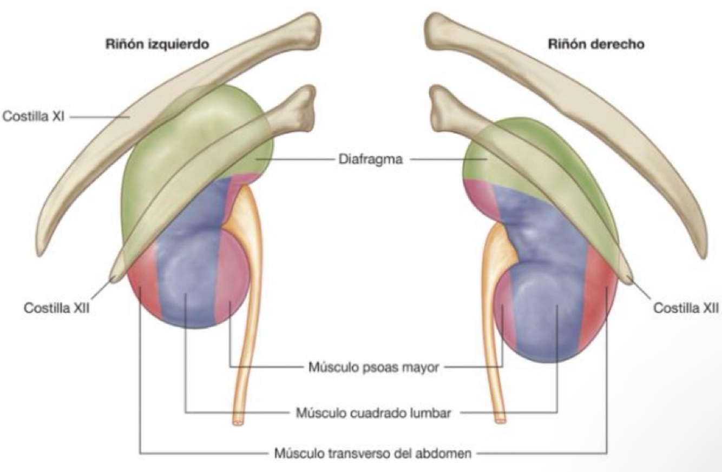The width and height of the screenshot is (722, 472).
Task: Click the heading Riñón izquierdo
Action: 157,44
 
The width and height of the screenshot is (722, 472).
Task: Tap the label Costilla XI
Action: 34,116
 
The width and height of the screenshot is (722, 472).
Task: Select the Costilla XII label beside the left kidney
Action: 56,308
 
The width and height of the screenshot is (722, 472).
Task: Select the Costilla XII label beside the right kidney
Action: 686,308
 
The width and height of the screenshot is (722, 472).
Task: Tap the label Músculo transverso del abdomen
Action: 373,453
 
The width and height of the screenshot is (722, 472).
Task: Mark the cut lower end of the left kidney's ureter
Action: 238,419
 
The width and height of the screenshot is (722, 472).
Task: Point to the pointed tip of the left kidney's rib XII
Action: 114,278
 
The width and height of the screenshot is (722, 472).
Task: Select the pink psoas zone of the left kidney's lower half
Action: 232,281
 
